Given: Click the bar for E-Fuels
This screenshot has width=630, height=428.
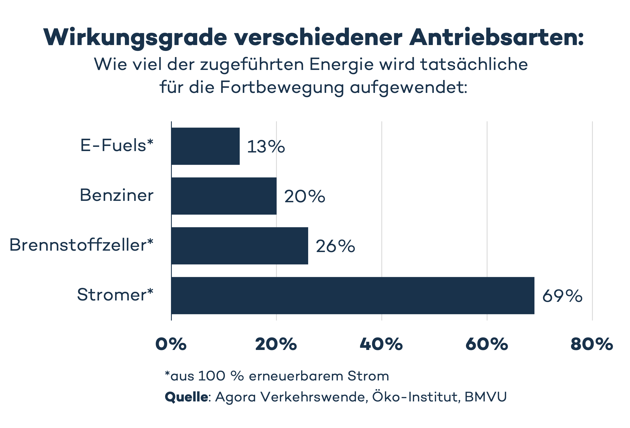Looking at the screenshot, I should click(205, 146).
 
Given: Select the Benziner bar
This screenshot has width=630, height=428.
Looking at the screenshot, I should click(224, 196).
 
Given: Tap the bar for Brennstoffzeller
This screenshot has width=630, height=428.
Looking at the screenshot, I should click(239, 246).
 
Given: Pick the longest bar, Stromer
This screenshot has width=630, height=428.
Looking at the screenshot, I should click(353, 295).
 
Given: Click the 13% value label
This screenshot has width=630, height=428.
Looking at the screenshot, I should click(266, 147).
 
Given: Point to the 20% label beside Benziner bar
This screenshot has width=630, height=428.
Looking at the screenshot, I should click(305, 196).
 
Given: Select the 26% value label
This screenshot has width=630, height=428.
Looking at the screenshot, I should click(335, 246).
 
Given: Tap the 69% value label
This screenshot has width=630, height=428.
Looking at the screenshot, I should click(562, 296).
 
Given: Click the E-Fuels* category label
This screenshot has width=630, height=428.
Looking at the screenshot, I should click(117, 146).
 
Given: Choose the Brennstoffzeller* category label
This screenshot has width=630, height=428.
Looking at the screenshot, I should click(81, 245).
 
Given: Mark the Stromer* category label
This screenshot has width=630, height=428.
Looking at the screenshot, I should click(115, 295).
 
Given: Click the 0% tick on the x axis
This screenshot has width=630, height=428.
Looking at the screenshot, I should click(171, 344).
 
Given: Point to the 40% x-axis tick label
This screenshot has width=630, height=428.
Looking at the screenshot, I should click(381, 344).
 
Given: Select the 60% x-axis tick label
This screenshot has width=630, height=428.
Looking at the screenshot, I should click(486, 344).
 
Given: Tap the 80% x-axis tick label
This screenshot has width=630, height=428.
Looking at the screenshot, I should click(591, 344).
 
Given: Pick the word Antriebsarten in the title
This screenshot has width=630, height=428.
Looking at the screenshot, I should click(495, 37).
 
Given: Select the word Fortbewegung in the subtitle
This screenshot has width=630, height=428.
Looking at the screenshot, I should click(282, 88).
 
